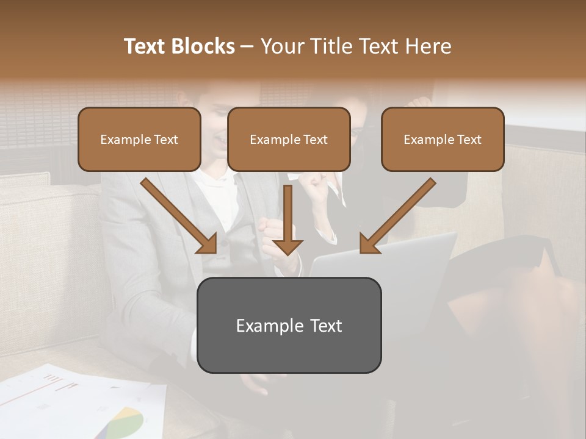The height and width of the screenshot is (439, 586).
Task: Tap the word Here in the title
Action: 427,46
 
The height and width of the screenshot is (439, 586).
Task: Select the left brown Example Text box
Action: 139,139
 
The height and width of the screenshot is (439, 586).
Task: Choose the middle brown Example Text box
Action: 289,139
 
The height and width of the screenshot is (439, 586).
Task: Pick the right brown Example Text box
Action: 443,139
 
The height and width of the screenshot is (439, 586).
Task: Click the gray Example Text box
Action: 289,325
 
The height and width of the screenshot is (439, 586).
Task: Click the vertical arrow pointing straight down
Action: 288,220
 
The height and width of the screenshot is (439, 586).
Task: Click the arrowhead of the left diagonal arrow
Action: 208,244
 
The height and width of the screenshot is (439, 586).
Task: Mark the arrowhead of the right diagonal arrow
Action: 369,244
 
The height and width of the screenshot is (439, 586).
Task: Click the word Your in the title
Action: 281,46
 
